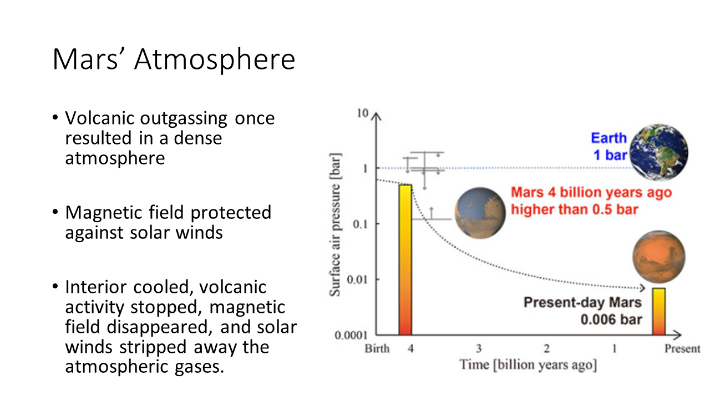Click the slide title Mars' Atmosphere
point(174,59)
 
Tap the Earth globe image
point(658,152)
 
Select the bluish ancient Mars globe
point(480,213)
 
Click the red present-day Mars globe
point(658,257)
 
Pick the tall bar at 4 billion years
point(405,259)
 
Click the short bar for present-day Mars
point(658,312)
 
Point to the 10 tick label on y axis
point(363,113)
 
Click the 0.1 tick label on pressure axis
point(360,224)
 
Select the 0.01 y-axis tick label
point(357,279)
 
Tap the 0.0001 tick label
point(351,335)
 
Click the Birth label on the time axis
point(377,348)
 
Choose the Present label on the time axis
point(682,348)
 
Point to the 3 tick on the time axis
point(479,348)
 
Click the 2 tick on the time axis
point(546,348)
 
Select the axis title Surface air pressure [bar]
point(335,225)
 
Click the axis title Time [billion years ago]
point(529,365)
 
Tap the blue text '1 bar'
point(610,155)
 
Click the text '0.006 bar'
point(611,319)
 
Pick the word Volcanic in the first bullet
point(99,118)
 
